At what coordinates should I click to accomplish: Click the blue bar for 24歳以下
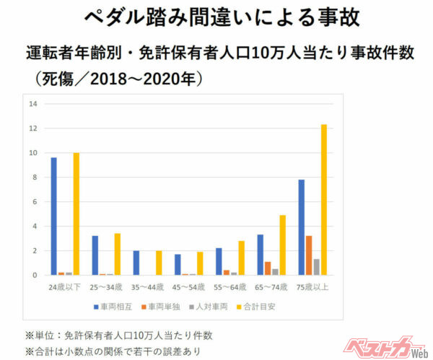pyautogui.click(x=54, y=216)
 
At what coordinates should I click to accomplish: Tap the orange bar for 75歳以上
pyautogui.click(x=309, y=255)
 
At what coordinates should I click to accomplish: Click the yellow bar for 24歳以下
pyautogui.click(x=76, y=214)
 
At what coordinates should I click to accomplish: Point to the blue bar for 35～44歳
pyautogui.click(x=136, y=263)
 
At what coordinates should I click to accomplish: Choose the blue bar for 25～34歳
pyautogui.click(x=95, y=255)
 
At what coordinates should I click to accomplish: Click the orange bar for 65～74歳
pyautogui.click(x=268, y=268)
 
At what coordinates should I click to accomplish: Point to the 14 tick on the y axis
pyautogui.click(x=32, y=104)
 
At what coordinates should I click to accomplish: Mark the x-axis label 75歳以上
pyautogui.click(x=312, y=286)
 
